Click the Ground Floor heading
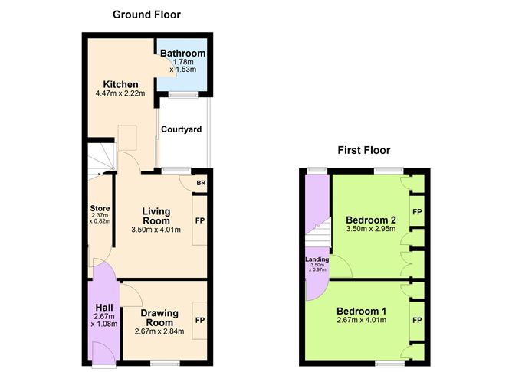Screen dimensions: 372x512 click(x=146, y=14)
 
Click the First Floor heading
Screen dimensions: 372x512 click(x=364, y=150)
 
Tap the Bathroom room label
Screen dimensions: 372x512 click(x=182, y=53)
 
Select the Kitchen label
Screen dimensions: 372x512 click(x=121, y=84)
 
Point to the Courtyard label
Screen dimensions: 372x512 click(x=182, y=129)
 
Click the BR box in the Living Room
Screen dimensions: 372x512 click(x=200, y=183)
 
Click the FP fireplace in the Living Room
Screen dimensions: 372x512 click(x=199, y=220)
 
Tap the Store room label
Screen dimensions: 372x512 click(x=100, y=207)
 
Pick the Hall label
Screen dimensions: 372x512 click(x=104, y=307)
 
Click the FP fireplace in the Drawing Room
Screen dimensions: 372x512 click(x=199, y=320)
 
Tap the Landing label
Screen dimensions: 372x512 click(x=317, y=259)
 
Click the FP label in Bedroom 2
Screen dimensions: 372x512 click(x=417, y=210)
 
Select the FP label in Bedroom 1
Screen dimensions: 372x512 click(x=417, y=321)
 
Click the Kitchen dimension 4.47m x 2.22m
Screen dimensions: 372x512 click(x=121, y=95)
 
